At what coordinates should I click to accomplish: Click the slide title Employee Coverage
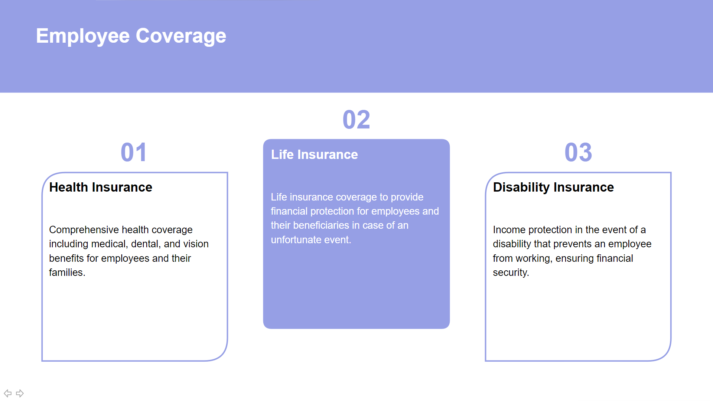pyautogui.click(x=131, y=36)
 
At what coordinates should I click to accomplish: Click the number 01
pyautogui.click(x=134, y=152)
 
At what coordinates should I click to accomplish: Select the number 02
pyautogui.click(x=356, y=120)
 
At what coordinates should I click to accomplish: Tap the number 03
pyautogui.click(x=578, y=152)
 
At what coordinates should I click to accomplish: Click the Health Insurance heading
pyautogui.click(x=101, y=187)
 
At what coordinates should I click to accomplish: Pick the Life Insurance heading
pyautogui.click(x=314, y=154)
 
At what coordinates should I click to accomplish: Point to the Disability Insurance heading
pyautogui.click(x=553, y=188)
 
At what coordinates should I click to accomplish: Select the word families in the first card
pyautogui.click(x=67, y=273)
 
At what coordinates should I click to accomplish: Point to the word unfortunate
pyautogui.click(x=296, y=240)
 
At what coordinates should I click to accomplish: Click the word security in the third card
pyautogui.click(x=511, y=273)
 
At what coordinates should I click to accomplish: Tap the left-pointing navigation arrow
pyautogui.click(x=7, y=393)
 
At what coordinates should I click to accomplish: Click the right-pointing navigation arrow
pyautogui.click(x=20, y=393)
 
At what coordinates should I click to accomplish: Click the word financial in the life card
pyautogui.click(x=289, y=211)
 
